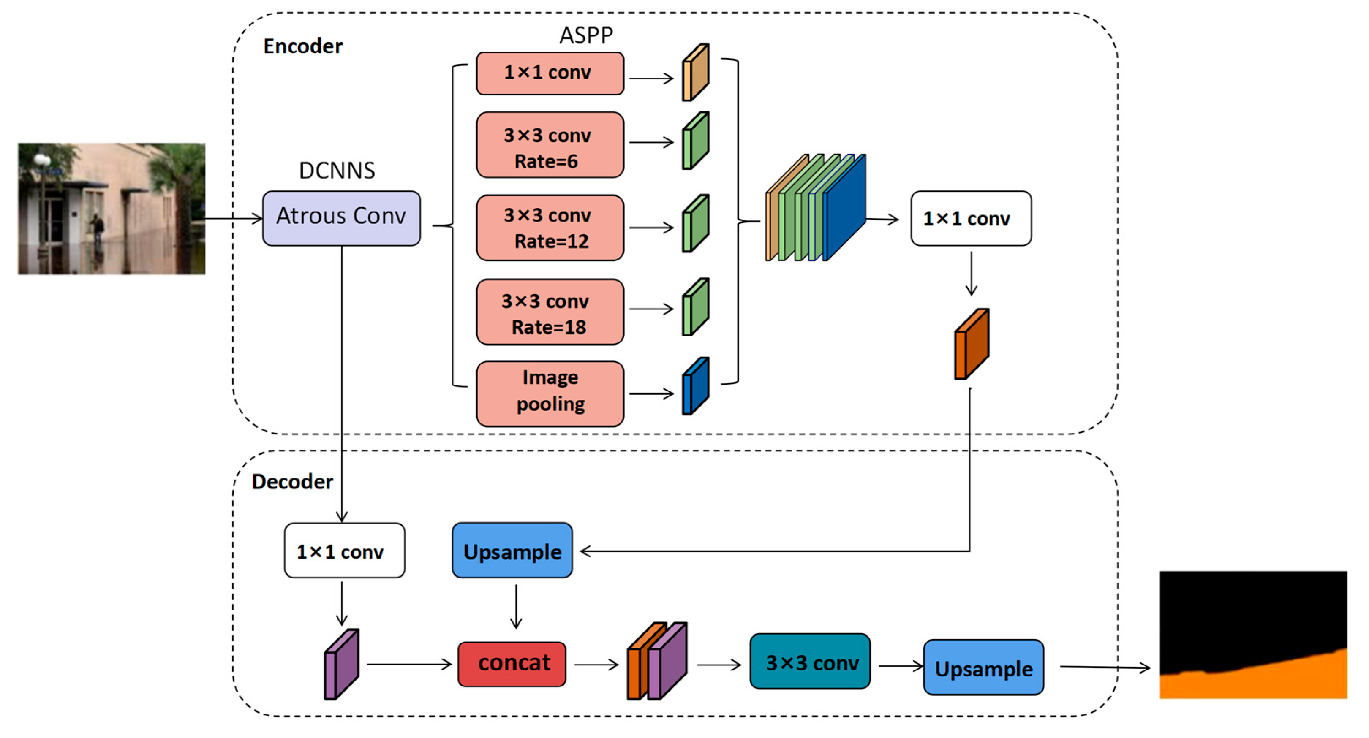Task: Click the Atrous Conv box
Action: tap(341, 218)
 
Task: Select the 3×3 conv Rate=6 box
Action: tap(550, 144)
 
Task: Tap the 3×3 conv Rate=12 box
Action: tap(550, 228)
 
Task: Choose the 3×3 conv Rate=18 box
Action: tap(550, 312)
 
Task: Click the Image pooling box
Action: tap(550, 393)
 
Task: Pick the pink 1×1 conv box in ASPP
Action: tap(550, 73)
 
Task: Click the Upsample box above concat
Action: tap(512, 550)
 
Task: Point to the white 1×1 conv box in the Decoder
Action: tap(344, 550)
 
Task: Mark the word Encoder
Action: tap(302, 46)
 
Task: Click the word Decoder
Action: tap(292, 481)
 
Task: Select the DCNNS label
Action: tap(337, 171)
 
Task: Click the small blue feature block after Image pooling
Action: tap(695, 386)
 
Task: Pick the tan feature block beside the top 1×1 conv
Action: tap(695, 73)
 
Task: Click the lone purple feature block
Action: tap(341, 664)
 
